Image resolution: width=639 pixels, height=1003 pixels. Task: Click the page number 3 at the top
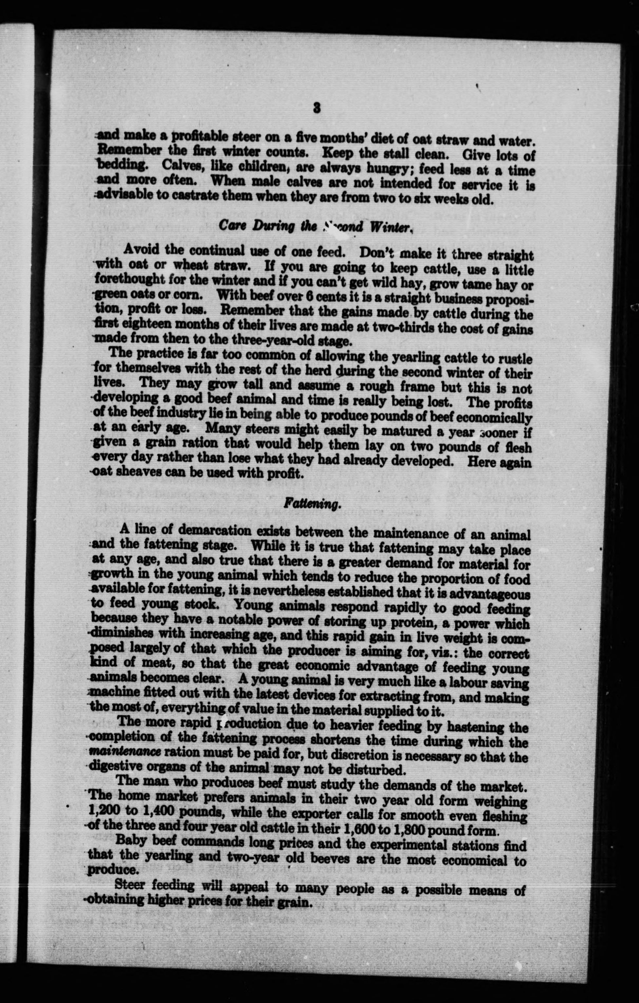click(x=317, y=107)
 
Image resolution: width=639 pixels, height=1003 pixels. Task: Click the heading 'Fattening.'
click(x=309, y=504)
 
